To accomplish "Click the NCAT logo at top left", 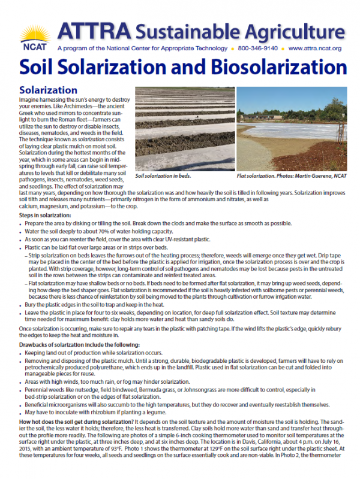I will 28,35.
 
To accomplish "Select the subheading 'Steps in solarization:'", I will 45,215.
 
